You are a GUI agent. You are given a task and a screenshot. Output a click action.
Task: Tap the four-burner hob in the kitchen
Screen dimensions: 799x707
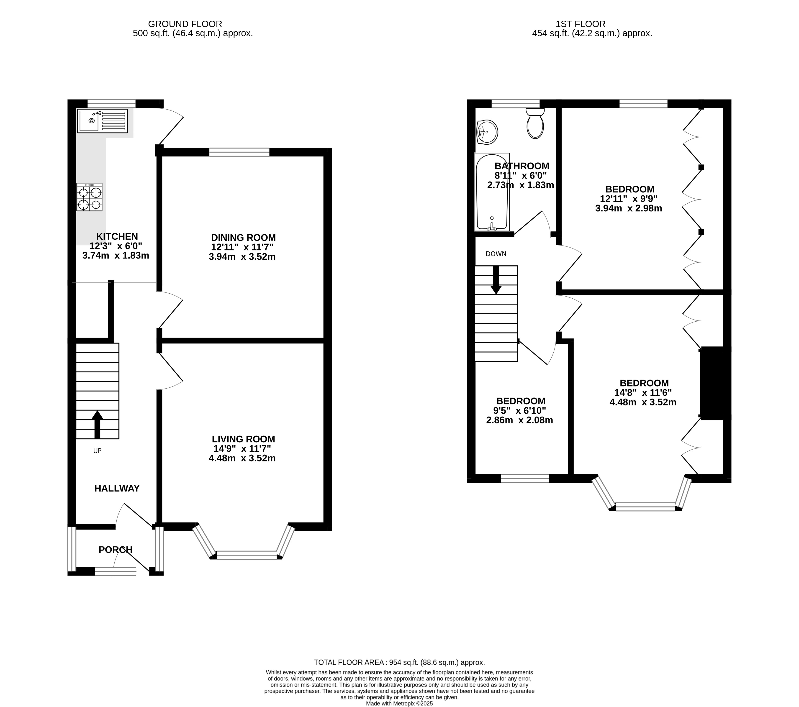(90, 197)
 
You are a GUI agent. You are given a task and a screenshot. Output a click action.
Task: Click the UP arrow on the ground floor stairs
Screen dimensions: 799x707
(97, 424)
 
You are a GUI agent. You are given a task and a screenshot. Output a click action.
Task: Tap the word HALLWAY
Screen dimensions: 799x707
(117, 488)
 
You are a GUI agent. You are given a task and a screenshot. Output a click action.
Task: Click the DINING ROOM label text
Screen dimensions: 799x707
(243, 238)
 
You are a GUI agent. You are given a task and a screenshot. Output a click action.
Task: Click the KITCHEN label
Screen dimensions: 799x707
(117, 236)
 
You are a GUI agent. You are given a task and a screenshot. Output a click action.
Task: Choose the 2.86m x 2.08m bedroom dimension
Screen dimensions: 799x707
(519, 420)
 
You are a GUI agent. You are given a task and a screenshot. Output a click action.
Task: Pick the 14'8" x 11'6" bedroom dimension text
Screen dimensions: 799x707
(643, 393)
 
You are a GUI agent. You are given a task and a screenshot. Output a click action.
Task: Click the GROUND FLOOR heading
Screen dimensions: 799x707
(185, 24)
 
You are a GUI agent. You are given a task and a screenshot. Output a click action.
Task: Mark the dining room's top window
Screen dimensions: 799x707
(239, 152)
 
